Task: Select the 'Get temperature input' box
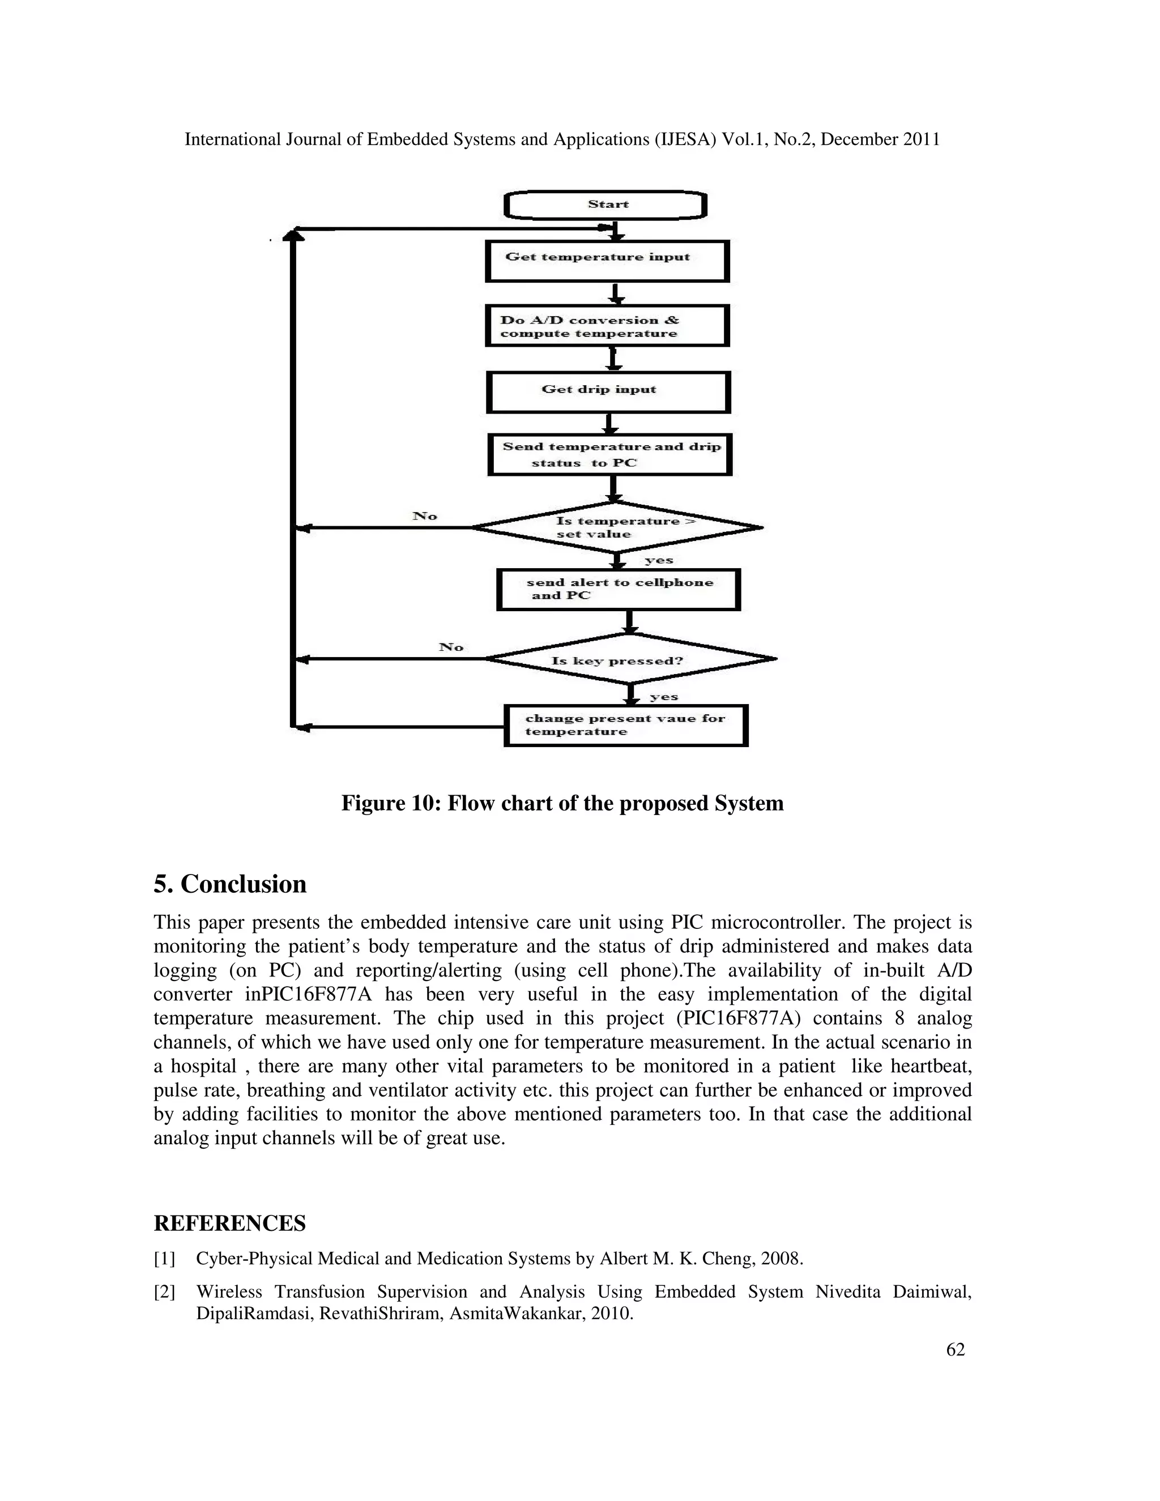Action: click(607, 261)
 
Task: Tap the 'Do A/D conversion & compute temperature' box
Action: click(607, 326)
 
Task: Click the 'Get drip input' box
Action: click(608, 392)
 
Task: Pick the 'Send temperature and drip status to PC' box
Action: click(609, 454)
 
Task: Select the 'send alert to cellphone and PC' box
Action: click(619, 590)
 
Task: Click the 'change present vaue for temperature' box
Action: click(625, 725)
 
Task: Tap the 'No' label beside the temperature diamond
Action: click(425, 516)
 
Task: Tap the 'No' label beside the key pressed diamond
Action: click(451, 647)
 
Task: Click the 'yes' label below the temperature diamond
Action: click(658, 560)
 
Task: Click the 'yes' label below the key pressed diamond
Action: click(664, 697)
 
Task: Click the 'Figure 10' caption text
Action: click(562, 803)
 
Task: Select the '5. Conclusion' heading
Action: click(229, 884)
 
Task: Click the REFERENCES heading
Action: click(229, 1224)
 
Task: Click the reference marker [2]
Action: click(164, 1292)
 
